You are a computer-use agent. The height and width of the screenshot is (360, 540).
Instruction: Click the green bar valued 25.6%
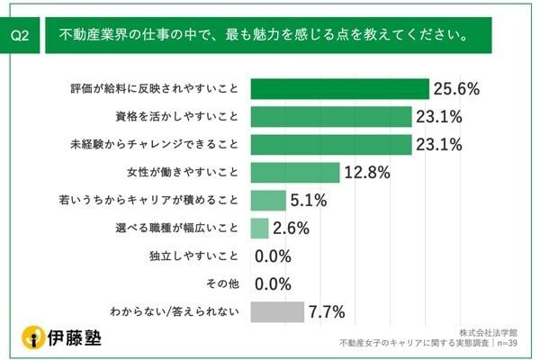tap(339, 89)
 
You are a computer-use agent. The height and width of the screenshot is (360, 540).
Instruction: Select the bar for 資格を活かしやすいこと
tap(331, 117)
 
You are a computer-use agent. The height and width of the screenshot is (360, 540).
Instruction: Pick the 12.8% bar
tap(294, 173)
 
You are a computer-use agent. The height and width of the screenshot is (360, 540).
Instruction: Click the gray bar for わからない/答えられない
tap(277, 312)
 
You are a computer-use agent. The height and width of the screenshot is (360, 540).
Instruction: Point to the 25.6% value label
tap(454, 89)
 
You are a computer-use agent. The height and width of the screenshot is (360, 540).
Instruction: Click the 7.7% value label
tap(328, 312)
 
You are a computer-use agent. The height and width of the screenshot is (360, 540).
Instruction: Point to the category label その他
tap(222, 284)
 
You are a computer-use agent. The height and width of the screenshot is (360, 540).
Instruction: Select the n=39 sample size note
tap(505, 342)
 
